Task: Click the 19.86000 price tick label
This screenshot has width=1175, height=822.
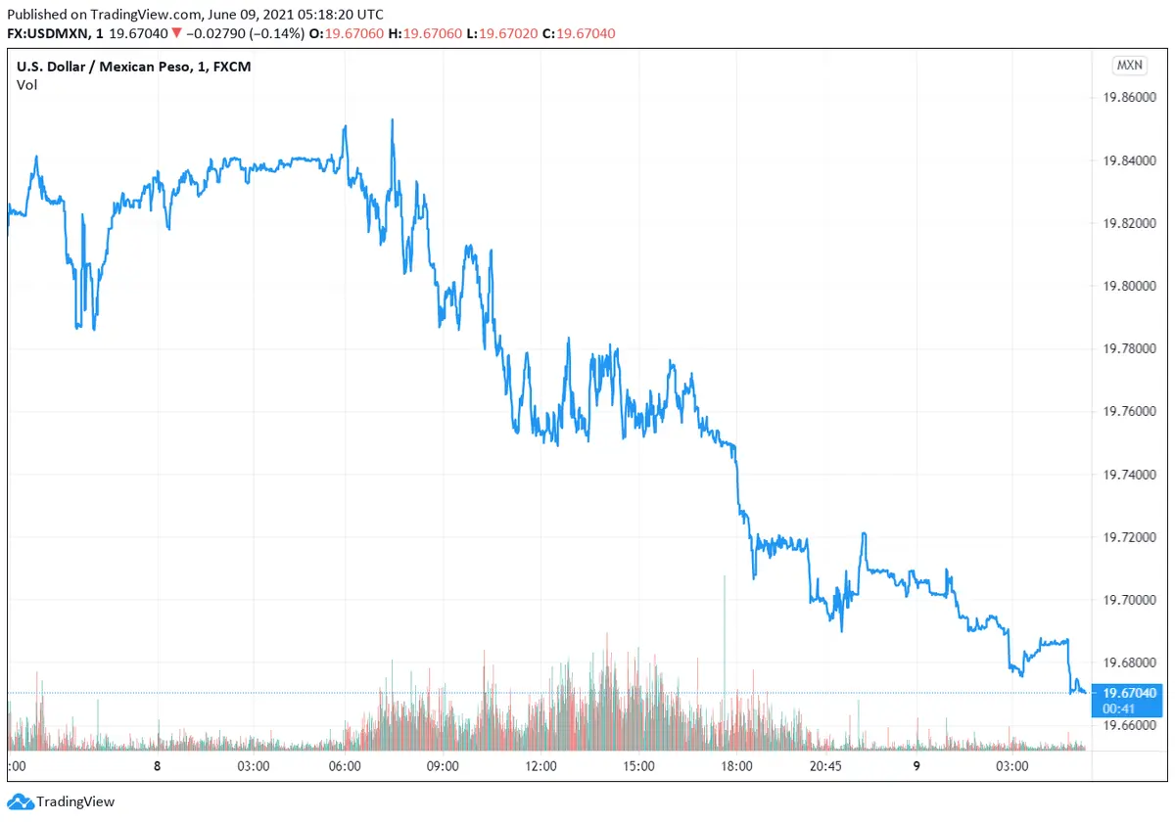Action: tap(1131, 98)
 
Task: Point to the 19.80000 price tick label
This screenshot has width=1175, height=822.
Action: tap(1131, 286)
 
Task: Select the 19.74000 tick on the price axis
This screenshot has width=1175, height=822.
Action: tap(1131, 475)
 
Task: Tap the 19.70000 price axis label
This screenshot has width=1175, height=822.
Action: tap(1131, 600)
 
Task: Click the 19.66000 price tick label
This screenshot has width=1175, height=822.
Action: tap(1131, 725)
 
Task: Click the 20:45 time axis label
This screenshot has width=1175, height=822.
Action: tap(825, 766)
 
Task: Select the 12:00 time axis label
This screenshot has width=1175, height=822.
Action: tap(540, 766)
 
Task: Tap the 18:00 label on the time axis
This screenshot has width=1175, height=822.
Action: tap(736, 766)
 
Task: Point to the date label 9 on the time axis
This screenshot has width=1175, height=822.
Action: tap(916, 766)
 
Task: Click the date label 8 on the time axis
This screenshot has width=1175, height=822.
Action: tap(157, 766)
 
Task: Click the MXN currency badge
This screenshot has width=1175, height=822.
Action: tap(1129, 66)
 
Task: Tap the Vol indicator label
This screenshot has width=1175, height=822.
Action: tap(26, 85)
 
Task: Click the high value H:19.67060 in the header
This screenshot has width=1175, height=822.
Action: tap(425, 33)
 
